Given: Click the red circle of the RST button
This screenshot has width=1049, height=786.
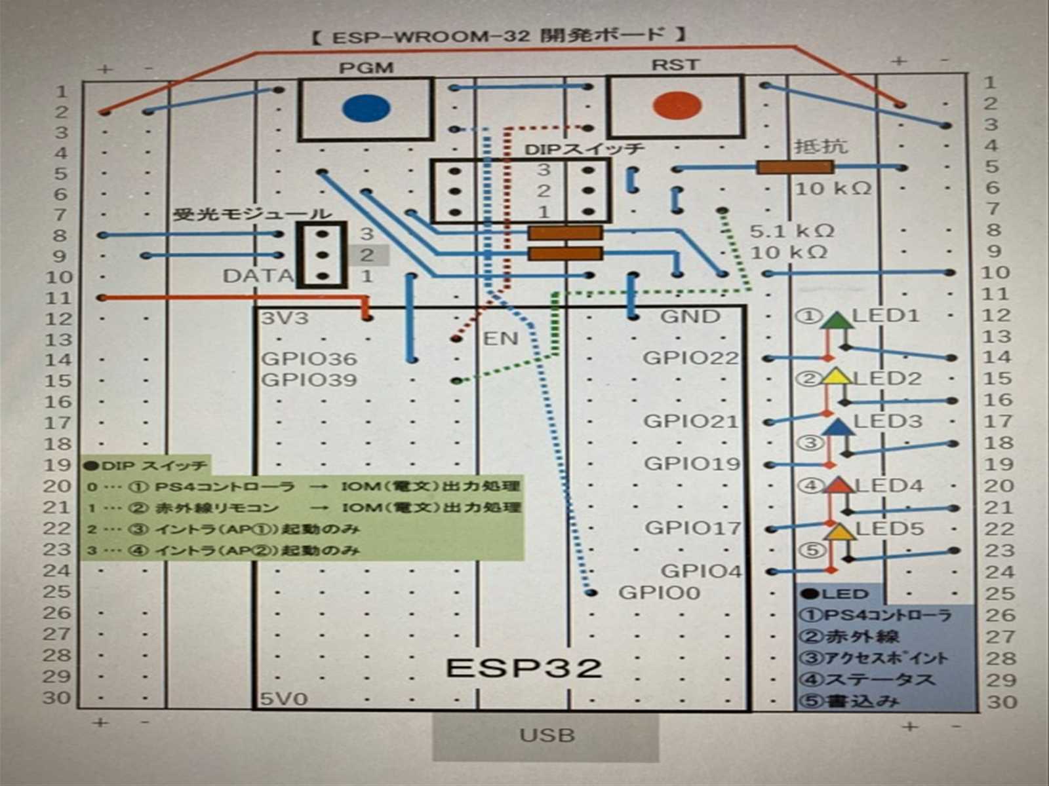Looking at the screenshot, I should [x=677, y=105].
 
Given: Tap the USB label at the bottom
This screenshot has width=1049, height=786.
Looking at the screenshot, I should [x=546, y=735].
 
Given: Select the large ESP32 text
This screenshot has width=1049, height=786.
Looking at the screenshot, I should [x=524, y=668].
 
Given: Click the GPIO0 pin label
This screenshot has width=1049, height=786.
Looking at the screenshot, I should [x=659, y=593].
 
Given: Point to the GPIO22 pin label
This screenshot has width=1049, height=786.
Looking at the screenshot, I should [x=690, y=358].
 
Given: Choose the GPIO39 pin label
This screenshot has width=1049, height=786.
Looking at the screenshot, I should [x=309, y=380].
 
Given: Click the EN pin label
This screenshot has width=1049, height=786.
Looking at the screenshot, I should [x=500, y=339].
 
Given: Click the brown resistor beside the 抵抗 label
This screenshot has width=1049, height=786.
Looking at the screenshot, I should [x=795, y=168].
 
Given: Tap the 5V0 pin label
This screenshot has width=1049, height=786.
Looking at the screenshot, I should [x=284, y=699].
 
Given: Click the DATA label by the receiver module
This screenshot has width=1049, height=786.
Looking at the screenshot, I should [x=257, y=276].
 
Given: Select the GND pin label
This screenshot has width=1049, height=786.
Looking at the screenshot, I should [x=690, y=317].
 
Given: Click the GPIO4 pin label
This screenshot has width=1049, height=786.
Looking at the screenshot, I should [x=701, y=571].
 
